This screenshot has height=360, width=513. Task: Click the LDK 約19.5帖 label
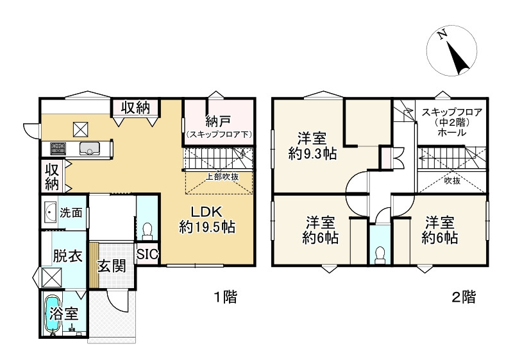(x=207, y=219)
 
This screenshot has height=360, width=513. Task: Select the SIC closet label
(x=147, y=254)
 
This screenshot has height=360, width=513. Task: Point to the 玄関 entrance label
(x=112, y=266)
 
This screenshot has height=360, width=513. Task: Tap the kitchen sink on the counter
(x=90, y=148)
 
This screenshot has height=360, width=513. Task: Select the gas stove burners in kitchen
(x=58, y=149)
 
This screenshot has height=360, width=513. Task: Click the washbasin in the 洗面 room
(x=50, y=212)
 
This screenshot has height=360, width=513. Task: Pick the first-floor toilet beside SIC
(x=147, y=230)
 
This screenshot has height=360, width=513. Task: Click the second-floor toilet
(x=380, y=255)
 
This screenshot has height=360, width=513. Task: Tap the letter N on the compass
(x=442, y=35)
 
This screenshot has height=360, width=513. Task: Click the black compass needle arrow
(x=458, y=57)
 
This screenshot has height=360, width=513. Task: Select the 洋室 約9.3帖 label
(x=312, y=146)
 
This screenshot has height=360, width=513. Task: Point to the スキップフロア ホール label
(x=452, y=123)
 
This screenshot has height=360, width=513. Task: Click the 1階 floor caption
(x=226, y=297)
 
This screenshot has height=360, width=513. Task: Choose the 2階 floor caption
(x=464, y=297)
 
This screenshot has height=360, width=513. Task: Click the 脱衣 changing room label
(x=67, y=256)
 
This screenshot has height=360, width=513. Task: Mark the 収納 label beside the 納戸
(x=135, y=108)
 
